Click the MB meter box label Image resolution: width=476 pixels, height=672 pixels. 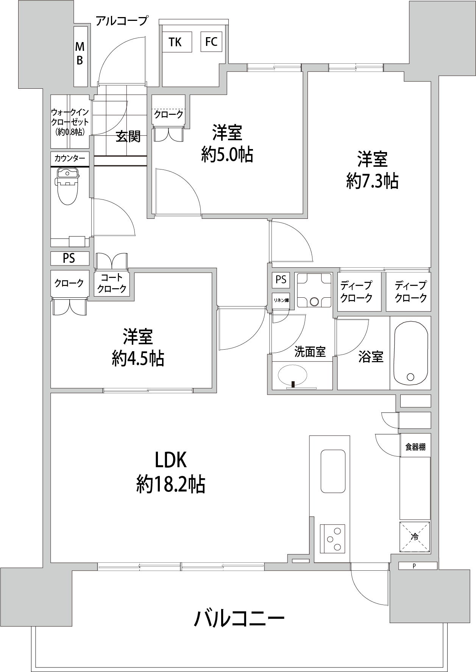80,53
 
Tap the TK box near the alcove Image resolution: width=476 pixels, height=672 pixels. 175,42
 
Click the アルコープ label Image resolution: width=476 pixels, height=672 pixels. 121,20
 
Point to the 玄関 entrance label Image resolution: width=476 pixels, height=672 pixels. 128,136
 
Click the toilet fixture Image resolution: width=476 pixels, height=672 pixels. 67,186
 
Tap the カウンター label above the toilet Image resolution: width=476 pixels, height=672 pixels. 70,158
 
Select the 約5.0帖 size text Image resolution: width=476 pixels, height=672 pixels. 227,154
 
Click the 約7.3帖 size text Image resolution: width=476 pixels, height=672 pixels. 372,181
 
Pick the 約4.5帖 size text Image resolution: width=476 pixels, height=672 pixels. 138,358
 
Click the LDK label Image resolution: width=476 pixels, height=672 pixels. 170,460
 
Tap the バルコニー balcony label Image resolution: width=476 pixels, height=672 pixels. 239,619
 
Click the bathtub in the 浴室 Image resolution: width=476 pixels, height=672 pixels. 411,353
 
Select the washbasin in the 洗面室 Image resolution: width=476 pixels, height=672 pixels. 293,375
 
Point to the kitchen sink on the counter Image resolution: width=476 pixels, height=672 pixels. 333,471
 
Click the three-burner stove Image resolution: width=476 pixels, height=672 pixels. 333,538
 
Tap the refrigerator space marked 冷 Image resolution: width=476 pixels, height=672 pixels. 415,537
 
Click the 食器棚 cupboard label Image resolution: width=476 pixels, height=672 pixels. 415,447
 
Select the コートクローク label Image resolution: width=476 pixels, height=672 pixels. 112,283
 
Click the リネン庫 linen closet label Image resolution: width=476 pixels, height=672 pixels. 281,300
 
